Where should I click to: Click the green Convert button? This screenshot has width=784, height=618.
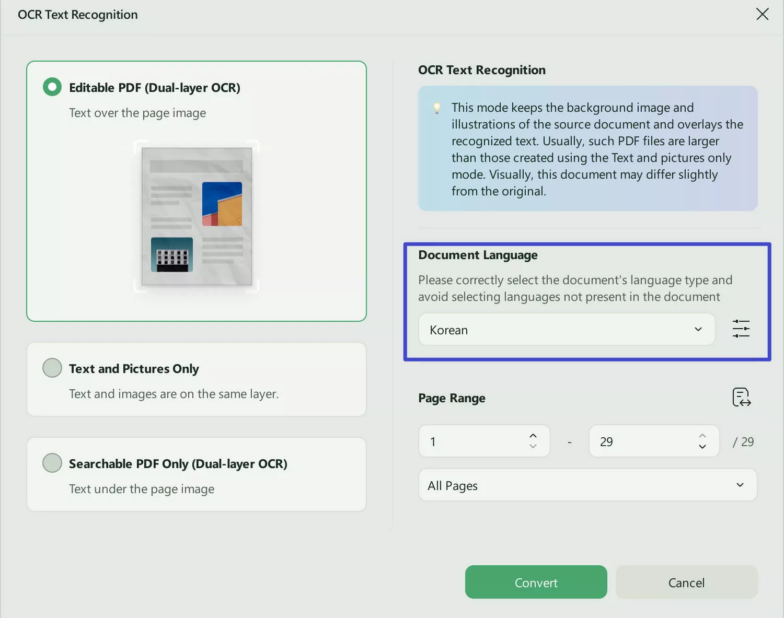(536, 582)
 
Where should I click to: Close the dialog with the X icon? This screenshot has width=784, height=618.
(762, 14)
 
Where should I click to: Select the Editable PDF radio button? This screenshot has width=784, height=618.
(52, 87)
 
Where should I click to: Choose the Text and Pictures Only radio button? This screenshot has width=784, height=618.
(52, 368)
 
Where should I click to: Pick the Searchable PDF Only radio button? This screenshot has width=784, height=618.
(52, 463)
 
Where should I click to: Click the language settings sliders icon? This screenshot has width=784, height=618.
(741, 329)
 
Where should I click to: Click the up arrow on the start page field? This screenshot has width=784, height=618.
(533, 436)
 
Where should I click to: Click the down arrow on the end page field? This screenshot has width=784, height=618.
(702, 447)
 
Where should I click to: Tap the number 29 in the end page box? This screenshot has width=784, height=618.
(606, 442)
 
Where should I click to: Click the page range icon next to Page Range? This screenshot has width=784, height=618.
(741, 398)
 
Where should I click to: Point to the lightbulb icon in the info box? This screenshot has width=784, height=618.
(437, 108)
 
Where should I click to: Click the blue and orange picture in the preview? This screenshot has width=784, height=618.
(222, 204)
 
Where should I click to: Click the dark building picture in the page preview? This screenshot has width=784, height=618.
(172, 255)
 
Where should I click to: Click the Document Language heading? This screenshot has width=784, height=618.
(478, 255)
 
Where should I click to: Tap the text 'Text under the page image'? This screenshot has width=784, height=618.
(142, 489)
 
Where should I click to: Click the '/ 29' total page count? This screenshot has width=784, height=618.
(743, 442)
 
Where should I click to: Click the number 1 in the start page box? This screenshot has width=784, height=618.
(433, 442)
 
